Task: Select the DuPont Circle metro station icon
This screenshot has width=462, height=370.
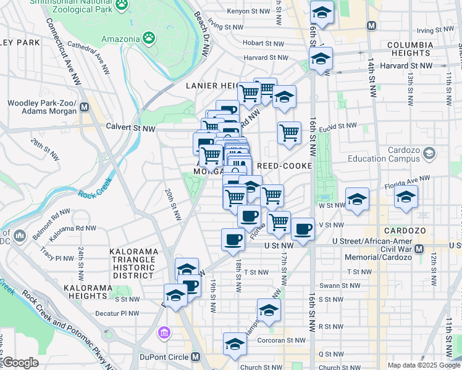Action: (x=195, y=357)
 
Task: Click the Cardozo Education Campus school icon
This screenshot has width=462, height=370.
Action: (x=430, y=152)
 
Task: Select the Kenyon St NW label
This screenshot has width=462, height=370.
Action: (x=248, y=12)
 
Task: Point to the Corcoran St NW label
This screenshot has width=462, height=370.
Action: (x=282, y=340)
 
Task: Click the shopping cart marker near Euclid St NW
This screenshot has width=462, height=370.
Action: (x=288, y=133)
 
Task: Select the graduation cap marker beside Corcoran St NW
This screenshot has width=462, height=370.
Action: (x=235, y=344)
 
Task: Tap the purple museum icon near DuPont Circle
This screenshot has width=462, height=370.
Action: (x=164, y=334)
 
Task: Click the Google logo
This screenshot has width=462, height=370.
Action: (x=20, y=363)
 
